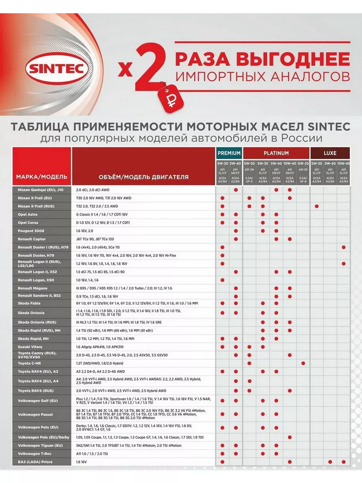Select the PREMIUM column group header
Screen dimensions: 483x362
(229, 153)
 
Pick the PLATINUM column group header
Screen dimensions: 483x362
(276, 153)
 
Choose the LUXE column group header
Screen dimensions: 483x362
(330, 153)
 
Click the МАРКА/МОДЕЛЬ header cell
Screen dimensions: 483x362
(41, 177)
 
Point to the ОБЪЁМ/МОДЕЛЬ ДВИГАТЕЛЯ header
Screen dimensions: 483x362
(143, 177)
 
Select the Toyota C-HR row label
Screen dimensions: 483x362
(30, 363)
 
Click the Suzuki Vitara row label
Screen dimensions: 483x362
(30, 347)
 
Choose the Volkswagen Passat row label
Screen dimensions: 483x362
(35, 414)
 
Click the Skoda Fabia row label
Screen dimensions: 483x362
(29, 303)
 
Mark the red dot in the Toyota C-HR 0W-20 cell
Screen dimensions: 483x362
(303, 363)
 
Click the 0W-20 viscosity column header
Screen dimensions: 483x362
(303, 164)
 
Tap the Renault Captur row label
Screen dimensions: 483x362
(32, 239)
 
